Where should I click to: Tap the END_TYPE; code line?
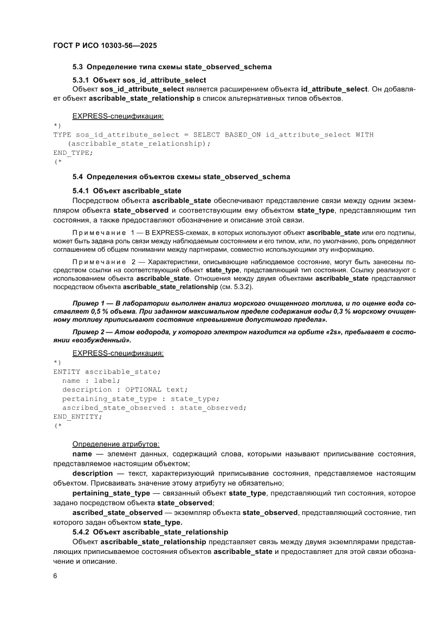coord(73,153)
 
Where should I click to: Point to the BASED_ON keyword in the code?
coord(243,134)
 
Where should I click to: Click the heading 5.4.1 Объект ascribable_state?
coord(127,191)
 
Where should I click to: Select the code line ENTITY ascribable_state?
coord(107,371)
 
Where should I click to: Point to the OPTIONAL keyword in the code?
coord(144,390)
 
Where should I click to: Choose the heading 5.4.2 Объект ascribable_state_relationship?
coord(151,532)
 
